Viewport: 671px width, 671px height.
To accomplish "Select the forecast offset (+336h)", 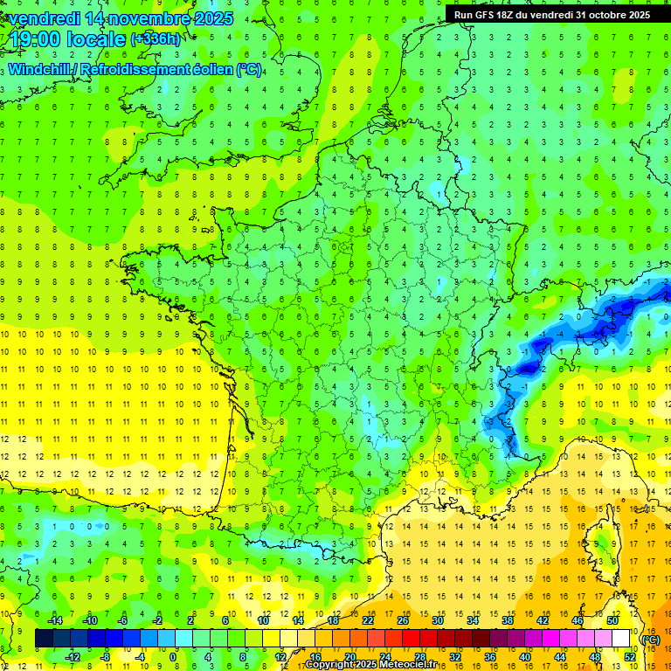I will tap(156, 39).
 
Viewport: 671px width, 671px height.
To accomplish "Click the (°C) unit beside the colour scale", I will tap(650, 640).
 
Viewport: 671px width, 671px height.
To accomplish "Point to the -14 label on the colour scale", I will tap(55, 620).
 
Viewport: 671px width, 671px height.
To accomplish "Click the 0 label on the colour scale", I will tap(173, 657).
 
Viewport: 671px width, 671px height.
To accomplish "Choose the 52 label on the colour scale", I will tap(629, 657).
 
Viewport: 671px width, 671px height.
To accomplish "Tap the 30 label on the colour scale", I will tap(436, 620).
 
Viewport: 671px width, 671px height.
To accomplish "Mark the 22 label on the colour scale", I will tap(368, 620).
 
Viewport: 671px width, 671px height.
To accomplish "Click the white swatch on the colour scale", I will tap(621, 639).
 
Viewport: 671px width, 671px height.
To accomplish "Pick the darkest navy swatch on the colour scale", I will tap(44, 639).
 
